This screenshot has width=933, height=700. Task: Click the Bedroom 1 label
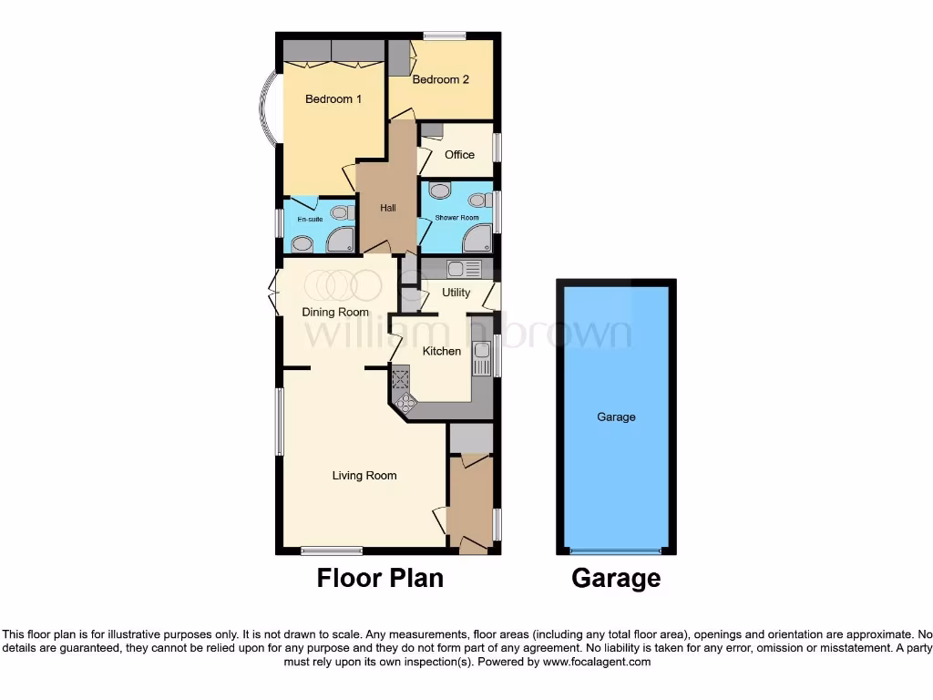click(x=333, y=99)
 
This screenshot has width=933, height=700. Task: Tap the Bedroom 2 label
click(x=440, y=80)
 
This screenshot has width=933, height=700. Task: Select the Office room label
click(x=459, y=155)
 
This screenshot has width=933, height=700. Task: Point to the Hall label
click(x=388, y=209)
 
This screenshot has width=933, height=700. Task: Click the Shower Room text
click(x=456, y=218)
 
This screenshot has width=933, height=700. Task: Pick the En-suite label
click(x=310, y=219)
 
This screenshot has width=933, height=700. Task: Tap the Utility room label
click(x=456, y=293)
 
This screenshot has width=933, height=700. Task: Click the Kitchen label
click(x=442, y=351)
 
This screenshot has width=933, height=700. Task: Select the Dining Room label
click(x=335, y=313)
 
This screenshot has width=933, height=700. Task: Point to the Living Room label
click(x=364, y=476)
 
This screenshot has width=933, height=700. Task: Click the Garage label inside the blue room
click(x=616, y=417)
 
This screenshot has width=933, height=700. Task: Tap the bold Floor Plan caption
click(x=380, y=578)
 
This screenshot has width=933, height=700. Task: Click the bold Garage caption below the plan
click(x=616, y=578)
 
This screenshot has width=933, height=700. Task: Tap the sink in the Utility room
click(x=463, y=269)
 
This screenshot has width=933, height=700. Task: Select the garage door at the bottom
click(x=616, y=551)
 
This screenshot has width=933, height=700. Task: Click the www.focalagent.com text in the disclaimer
click(x=596, y=663)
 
